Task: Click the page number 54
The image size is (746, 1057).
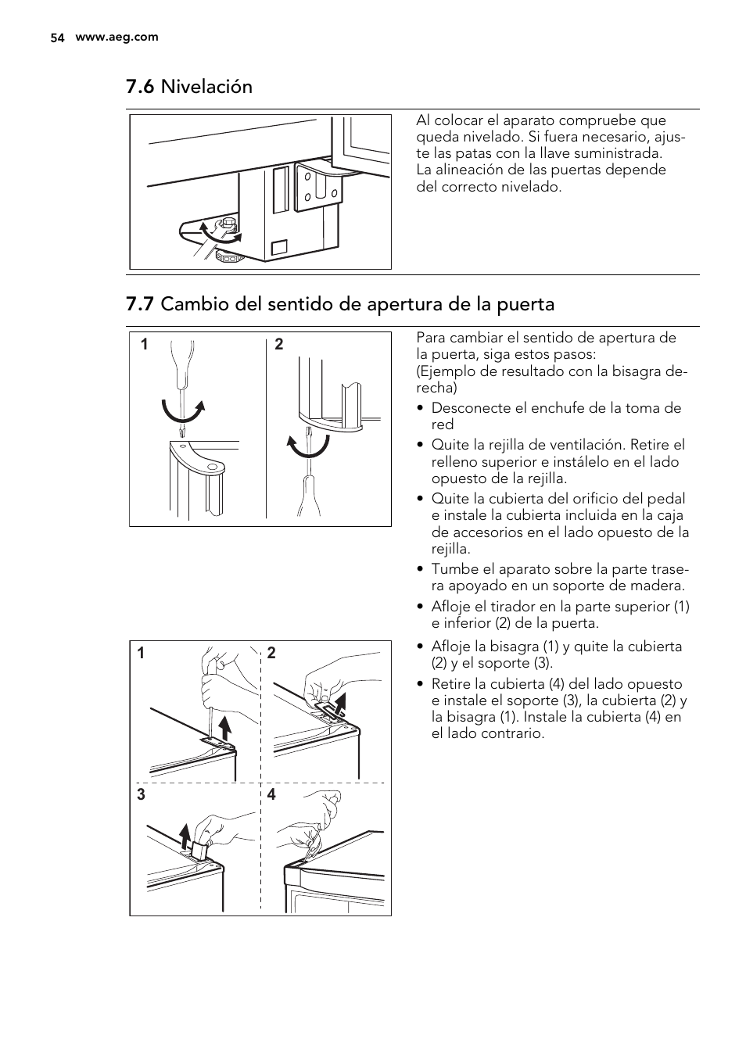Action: [x=56, y=38]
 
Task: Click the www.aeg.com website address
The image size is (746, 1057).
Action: [x=117, y=37]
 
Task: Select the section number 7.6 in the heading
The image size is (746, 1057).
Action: [x=140, y=87]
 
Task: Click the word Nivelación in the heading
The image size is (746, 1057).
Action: [x=206, y=87]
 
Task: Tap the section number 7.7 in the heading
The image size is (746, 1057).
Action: [x=140, y=304]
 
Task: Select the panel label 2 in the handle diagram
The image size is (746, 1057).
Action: [x=279, y=345]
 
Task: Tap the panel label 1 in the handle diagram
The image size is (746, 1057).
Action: [x=144, y=345]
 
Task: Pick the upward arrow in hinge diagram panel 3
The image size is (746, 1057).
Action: [x=185, y=835]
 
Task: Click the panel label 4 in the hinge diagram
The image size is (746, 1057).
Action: [x=271, y=795]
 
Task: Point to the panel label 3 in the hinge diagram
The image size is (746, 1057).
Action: [x=141, y=795]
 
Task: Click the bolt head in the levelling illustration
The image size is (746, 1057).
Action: [x=229, y=224]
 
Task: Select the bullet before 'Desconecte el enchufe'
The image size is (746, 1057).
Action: [x=421, y=408]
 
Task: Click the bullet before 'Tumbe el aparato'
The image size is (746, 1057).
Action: [x=421, y=569]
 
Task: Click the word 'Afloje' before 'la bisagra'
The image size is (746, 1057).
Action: [x=451, y=647]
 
